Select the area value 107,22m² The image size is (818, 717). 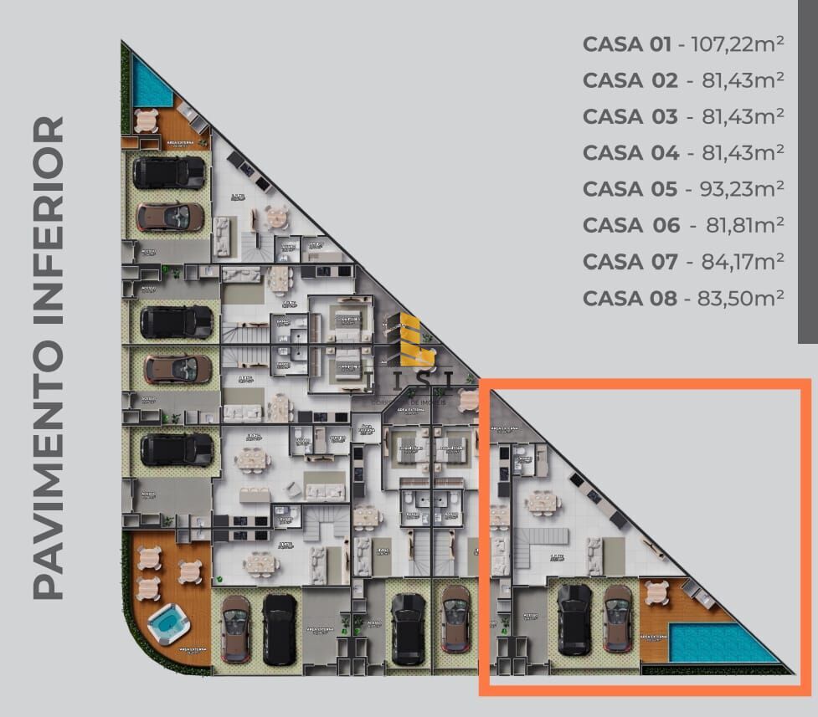pyautogui.click(x=738, y=44)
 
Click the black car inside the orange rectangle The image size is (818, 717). pyautogui.click(x=574, y=619)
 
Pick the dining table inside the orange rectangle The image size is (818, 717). pyautogui.click(x=543, y=502)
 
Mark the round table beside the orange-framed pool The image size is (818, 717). pyautogui.click(x=656, y=592)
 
